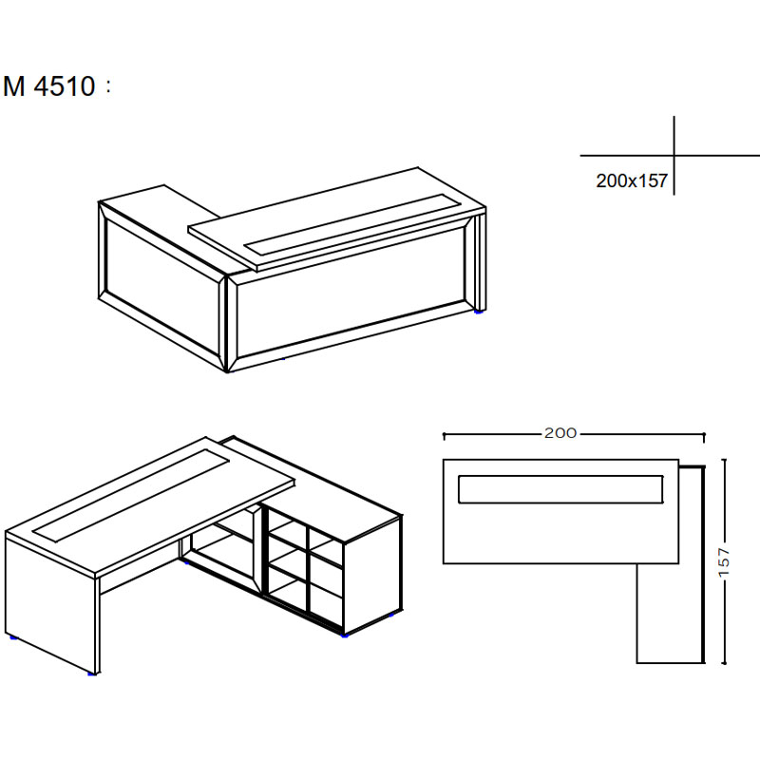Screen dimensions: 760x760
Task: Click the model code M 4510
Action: click(x=49, y=86)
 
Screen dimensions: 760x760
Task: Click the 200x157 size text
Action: click(x=632, y=180)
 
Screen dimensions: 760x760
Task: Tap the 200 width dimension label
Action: click(x=560, y=433)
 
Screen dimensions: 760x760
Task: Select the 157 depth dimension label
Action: click(x=724, y=562)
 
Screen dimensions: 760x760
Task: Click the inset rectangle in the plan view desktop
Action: click(x=560, y=489)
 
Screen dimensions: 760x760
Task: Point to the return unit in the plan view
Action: click(x=670, y=613)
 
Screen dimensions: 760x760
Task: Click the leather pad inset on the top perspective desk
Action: click(x=352, y=223)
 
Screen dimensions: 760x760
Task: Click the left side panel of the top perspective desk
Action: click(x=161, y=286)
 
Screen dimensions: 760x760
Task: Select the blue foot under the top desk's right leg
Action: click(x=479, y=313)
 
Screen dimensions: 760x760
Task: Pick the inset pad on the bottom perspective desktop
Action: click(x=131, y=495)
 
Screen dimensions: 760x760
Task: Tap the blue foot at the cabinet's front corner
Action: click(x=344, y=635)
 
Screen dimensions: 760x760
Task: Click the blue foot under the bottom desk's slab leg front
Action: click(x=91, y=674)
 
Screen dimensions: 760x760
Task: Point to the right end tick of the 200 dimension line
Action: click(x=704, y=436)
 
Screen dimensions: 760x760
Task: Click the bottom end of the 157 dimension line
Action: click(x=724, y=663)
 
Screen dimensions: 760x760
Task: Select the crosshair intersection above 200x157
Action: click(x=674, y=156)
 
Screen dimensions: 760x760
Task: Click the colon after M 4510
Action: click(x=108, y=86)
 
